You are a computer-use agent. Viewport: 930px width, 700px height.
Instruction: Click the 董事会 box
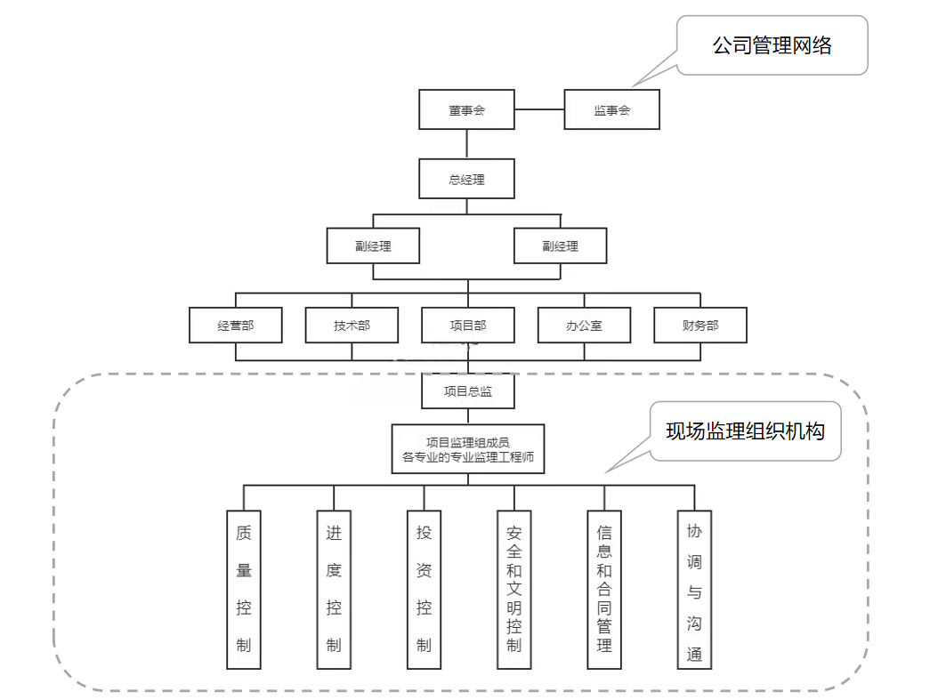pyautogui.click(x=466, y=110)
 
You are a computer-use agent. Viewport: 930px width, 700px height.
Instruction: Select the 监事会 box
pyautogui.click(x=611, y=110)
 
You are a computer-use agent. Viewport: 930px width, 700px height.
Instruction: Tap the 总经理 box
pyautogui.click(x=466, y=179)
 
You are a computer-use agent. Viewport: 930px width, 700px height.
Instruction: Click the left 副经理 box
pyautogui.click(x=372, y=246)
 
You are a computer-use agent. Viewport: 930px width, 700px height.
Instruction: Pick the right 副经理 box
pyautogui.click(x=560, y=246)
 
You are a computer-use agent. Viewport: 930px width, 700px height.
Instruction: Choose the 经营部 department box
pyautogui.click(x=235, y=326)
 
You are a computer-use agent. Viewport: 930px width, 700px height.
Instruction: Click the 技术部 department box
pyautogui.click(x=352, y=326)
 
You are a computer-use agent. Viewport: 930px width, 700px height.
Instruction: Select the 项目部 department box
pyautogui.click(x=467, y=326)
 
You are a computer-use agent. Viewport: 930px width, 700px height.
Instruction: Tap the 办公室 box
pyautogui.click(x=584, y=326)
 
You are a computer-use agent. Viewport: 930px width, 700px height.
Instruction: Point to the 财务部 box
pyautogui.click(x=700, y=326)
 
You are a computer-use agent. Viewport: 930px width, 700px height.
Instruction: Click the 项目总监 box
pyautogui.click(x=467, y=390)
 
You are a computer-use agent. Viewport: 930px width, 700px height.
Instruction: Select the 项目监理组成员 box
pyautogui.click(x=467, y=449)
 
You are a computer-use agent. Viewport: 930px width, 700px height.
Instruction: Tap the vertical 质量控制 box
pyautogui.click(x=244, y=590)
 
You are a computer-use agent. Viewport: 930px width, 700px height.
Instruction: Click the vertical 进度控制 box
pyautogui.click(x=334, y=590)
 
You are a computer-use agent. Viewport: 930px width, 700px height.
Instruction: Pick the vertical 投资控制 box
pyautogui.click(x=424, y=590)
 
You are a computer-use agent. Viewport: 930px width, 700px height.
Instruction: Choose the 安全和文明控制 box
pyautogui.click(x=514, y=590)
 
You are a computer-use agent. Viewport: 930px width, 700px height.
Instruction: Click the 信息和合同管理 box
pyautogui.click(x=604, y=590)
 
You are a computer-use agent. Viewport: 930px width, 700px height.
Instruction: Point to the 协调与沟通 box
pyautogui.click(x=694, y=590)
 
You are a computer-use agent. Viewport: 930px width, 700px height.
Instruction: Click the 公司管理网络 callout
pyautogui.click(x=771, y=45)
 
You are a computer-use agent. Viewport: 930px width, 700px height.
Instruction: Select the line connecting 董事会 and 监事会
pyautogui.click(x=539, y=110)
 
